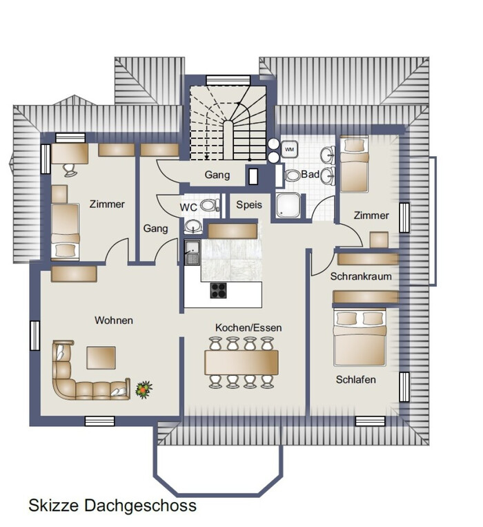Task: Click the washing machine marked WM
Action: pos(289,149)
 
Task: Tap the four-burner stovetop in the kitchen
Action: pos(218,290)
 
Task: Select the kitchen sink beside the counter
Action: pos(193,252)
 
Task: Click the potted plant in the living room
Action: pos(144,390)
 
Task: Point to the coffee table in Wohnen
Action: pos(101,358)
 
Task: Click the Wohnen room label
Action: pos(114,320)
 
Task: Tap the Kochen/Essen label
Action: pos(248,327)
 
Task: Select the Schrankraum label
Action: pos(361,276)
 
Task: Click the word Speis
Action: pos(249,204)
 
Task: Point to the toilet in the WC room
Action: pos(210,205)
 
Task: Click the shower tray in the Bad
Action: pos(288,205)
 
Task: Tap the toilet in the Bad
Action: pos(293,175)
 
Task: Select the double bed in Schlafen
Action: pos(359,337)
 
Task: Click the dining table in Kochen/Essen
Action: pos(241,363)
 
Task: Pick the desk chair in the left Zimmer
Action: pos(70,170)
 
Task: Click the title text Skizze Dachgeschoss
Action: pos(112,506)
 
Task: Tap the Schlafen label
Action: pos(356,380)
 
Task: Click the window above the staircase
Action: pos(228,80)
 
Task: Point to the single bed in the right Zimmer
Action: pos(354,164)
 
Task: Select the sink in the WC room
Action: pos(193,226)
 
